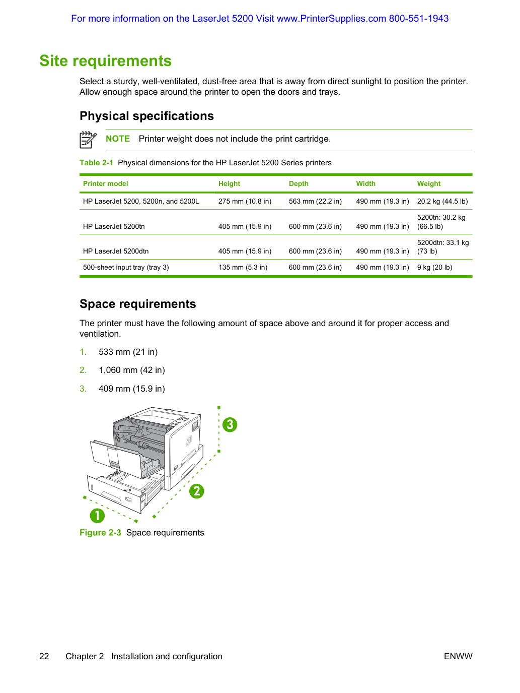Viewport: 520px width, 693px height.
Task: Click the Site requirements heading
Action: [105, 61]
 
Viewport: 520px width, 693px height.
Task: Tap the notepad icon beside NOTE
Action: [88, 140]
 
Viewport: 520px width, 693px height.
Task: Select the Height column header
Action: [229, 183]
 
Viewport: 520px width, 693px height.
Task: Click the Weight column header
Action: [428, 183]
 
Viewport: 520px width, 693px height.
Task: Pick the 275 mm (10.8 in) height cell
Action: [245, 201]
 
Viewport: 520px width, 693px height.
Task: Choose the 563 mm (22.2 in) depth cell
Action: [315, 201]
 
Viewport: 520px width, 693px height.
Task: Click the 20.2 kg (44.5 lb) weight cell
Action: [442, 201]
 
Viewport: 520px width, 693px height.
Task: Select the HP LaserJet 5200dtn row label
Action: [116, 251]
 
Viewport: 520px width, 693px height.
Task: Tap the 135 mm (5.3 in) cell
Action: [243, 267]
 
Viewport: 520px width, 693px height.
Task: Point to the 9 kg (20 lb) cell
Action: [434, 267]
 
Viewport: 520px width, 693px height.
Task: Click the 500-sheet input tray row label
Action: [126, 267]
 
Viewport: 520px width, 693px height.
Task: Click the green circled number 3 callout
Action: [230, 425]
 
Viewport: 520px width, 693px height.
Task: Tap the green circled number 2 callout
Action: [197, 491]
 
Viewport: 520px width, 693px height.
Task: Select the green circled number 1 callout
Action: [97, 516]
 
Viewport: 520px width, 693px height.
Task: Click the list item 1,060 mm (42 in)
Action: [132, 370]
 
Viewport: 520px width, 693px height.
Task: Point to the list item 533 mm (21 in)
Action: [128, 352]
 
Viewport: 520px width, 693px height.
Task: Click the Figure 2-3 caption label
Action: [100, 533]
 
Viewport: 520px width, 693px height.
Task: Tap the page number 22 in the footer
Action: [44, 656]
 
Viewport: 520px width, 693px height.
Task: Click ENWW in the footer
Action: [458, 656]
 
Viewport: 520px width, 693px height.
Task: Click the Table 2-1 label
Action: [96, 163]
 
